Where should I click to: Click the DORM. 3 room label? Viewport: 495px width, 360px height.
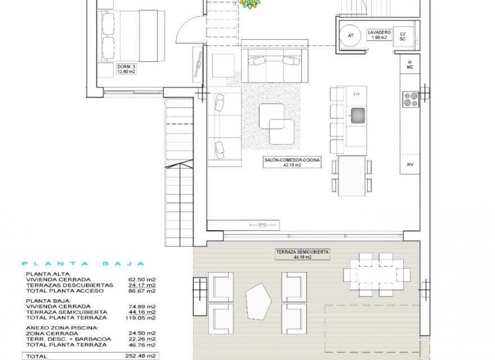126,69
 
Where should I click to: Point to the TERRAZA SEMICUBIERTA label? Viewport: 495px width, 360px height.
302,255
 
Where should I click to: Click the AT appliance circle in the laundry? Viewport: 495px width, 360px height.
351,35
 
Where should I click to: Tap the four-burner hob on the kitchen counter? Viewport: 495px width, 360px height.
410,100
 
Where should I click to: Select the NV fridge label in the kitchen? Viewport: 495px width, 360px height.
410,164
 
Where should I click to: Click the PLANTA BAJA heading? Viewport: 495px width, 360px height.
83,263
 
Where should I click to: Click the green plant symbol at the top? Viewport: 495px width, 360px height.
250,3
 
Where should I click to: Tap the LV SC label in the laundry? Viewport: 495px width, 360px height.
402,35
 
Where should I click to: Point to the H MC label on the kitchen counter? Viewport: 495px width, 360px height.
410,64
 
